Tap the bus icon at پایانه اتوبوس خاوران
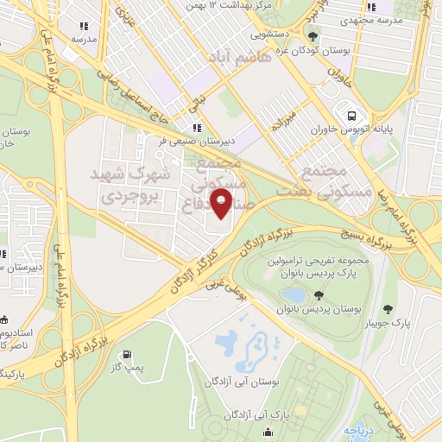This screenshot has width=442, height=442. (351, 116)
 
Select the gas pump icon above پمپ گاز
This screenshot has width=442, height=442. (128, 353)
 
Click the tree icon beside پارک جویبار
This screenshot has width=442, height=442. (387, 309)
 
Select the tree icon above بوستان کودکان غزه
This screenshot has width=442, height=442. (313, 36)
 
